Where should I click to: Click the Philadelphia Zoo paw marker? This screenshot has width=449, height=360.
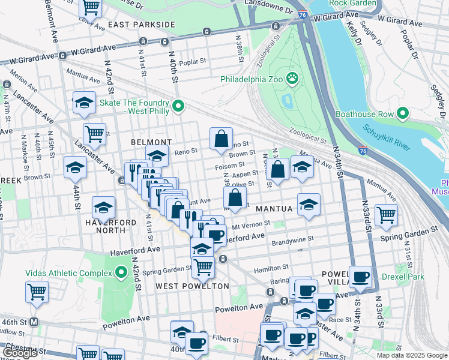point(292,77)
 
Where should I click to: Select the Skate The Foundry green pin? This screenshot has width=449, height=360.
point(178,107)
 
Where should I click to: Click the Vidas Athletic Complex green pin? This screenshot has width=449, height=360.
point(121,273)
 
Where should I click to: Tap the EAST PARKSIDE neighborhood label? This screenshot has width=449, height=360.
point(142,25)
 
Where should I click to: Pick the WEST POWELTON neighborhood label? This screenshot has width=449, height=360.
point(192,286)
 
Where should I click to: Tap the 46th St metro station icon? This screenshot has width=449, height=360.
point(34,322)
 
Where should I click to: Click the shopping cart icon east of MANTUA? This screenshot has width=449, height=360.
point(386,214)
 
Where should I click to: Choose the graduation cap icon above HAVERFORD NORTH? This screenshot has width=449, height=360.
point(103,206)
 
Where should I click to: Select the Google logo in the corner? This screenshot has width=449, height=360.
point(20,353)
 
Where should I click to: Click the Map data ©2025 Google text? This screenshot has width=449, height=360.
point(411,355)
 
